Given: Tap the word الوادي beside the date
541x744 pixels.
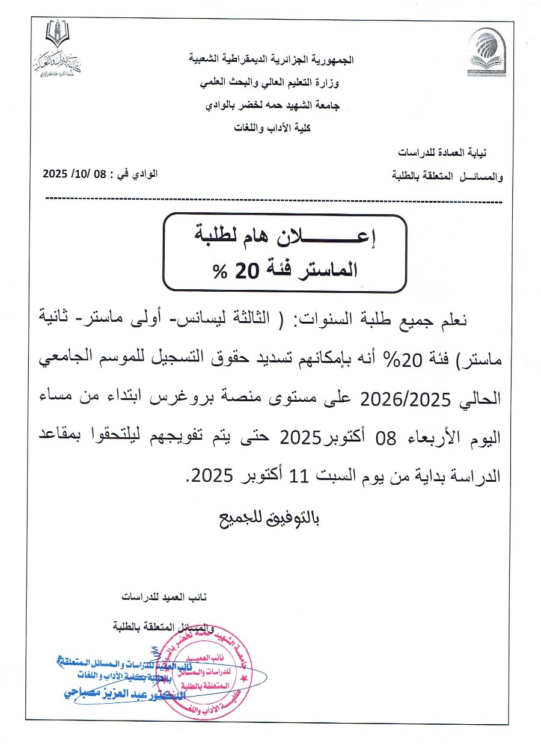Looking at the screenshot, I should pos(144,174).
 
